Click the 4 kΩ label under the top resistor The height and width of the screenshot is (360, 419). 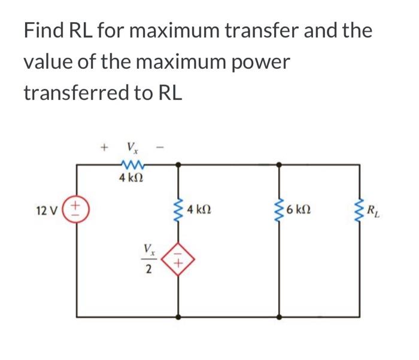(131, 178)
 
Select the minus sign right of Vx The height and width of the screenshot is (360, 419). (160, 146)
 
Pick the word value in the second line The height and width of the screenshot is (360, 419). (47, 62)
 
